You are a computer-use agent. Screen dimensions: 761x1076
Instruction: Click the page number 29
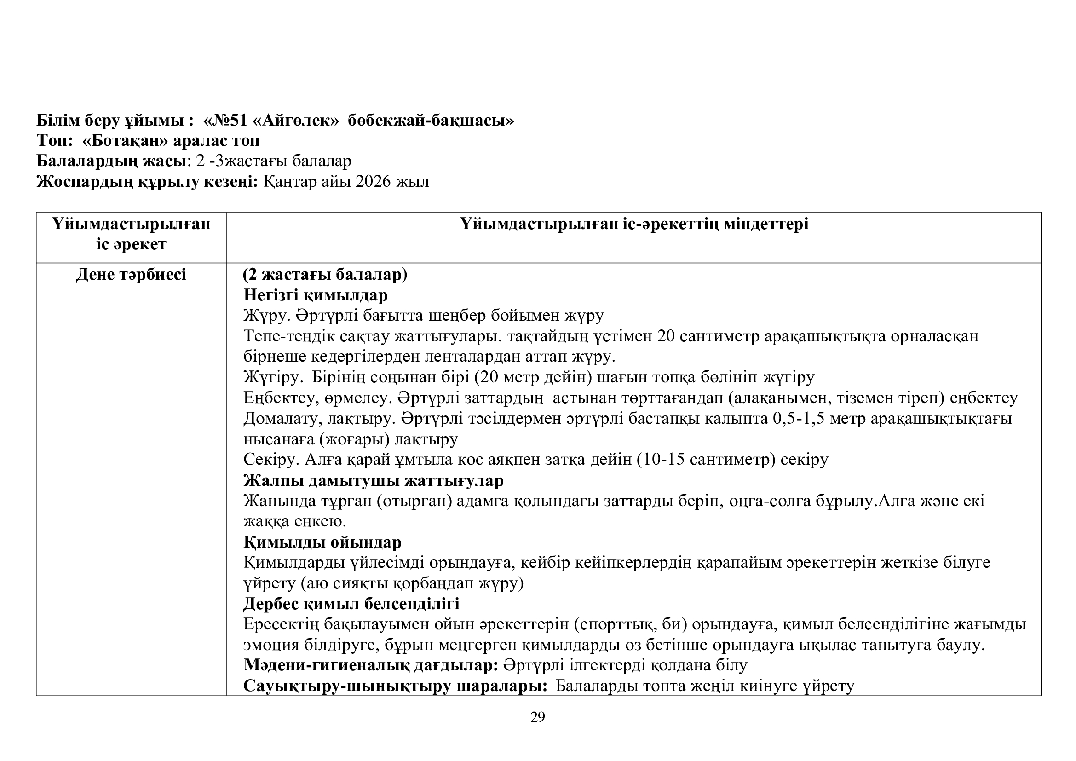tap(537, 717)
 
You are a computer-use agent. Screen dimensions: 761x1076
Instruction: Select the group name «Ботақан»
tap(125, 141)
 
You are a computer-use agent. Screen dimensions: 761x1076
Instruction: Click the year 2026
tap(373, 181)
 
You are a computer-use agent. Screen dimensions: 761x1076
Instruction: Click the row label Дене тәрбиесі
tap(131, 275)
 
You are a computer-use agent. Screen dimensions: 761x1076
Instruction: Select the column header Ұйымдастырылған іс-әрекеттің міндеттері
tap(634, 224)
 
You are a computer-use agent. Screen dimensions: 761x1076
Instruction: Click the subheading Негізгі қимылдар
tap(316, 295)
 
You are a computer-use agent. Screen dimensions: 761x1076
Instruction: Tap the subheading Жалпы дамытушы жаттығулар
tap(374, 480)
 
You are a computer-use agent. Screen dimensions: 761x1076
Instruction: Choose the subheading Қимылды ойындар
tap(322, 542)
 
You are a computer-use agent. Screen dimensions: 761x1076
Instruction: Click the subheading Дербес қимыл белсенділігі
tap(351, 604)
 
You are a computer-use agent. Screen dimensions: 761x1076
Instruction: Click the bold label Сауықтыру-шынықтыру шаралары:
tap(396, 686)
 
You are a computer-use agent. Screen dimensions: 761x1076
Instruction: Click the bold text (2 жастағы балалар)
tap(325, 275)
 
